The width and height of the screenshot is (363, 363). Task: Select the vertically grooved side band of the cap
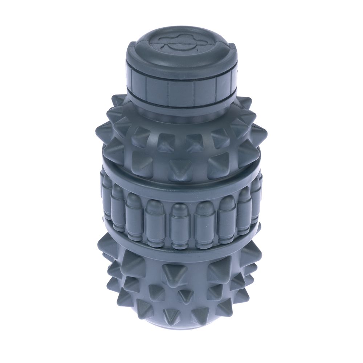181,89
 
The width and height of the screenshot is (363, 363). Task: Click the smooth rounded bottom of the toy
181,325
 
